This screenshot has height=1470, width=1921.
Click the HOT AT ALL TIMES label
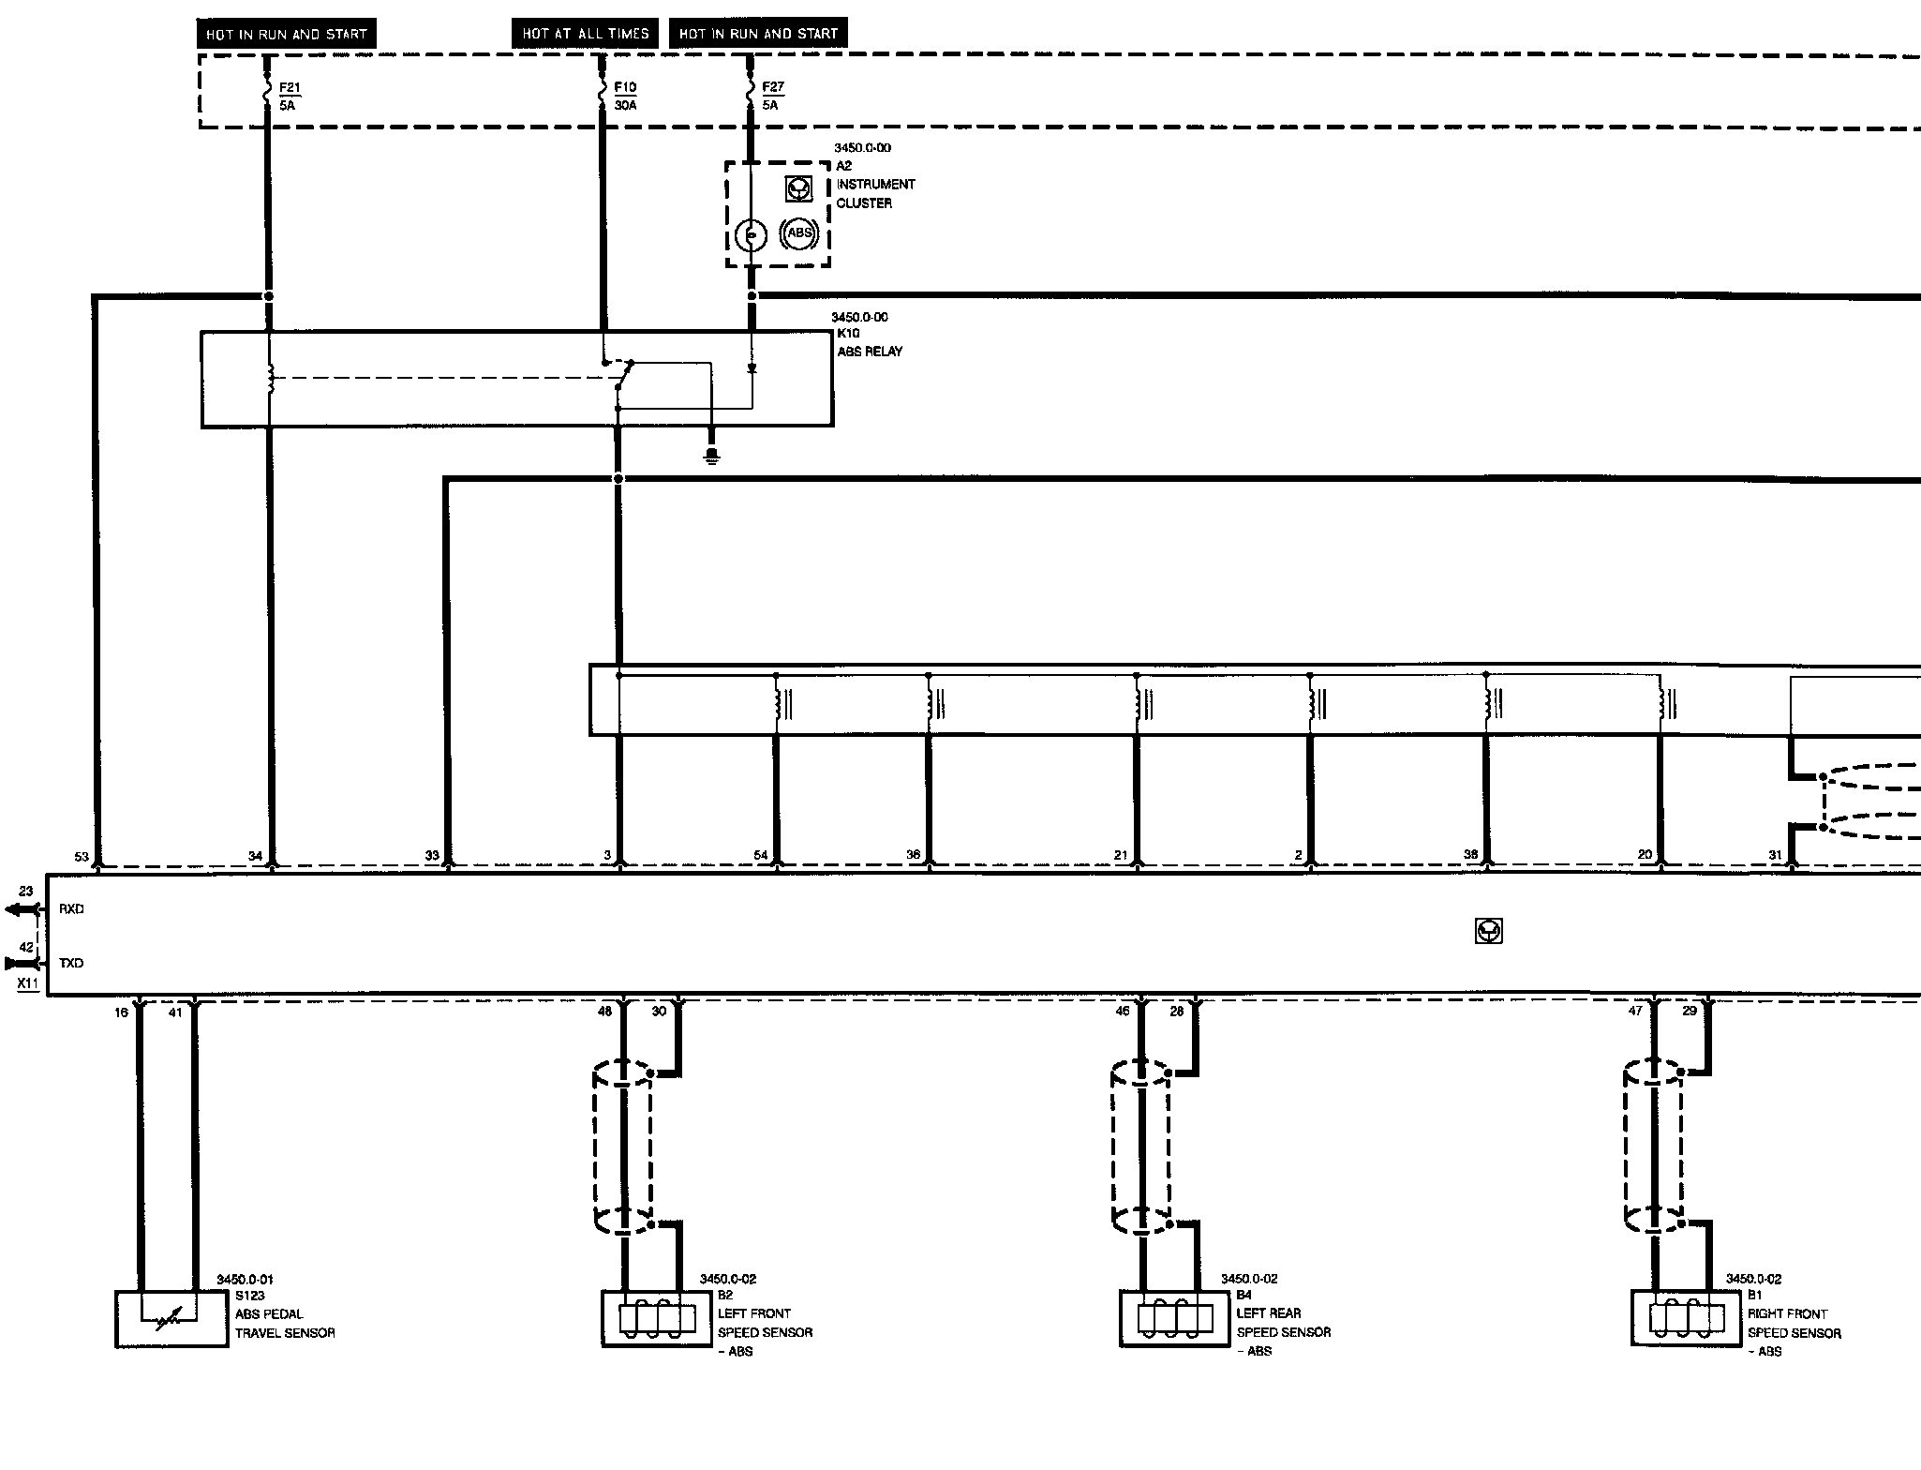click(x=585, y=34)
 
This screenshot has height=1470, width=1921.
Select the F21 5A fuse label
click(x=290, y=96)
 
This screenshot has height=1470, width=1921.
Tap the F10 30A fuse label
click(x=625, y=96)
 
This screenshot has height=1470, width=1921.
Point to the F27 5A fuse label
click(x=772, y=96)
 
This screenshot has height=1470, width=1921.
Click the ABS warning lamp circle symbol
click(x=798, y=233)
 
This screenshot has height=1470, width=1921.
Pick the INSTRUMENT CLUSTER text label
click(x=875, y=193)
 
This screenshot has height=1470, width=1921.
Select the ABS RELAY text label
click(x=870, y=352)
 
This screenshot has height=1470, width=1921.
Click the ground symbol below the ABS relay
click(x=712, y=457)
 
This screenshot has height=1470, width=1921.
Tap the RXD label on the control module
click(x=71, y=908)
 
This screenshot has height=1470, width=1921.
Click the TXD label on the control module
click(x=71, y=963)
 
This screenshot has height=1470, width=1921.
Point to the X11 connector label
click(x=28, y=983)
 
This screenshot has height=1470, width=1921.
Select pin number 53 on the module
click(x=82, y=856)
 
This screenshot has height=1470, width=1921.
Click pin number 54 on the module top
click(x=761, y=855)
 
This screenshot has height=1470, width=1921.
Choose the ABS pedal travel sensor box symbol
click(x=171, y=1319)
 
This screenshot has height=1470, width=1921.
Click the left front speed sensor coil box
click(x=656, y=1318)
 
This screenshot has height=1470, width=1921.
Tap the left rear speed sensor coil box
click(x=1174, y=1318)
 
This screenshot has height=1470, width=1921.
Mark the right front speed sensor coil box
click(x=1686, y=1318)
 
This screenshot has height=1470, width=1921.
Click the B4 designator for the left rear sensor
click(x=1244, y=1295)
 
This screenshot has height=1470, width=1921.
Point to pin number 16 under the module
click(x=122, y=1012)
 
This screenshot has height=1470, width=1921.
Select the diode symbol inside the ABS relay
click(x=752, y=369)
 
